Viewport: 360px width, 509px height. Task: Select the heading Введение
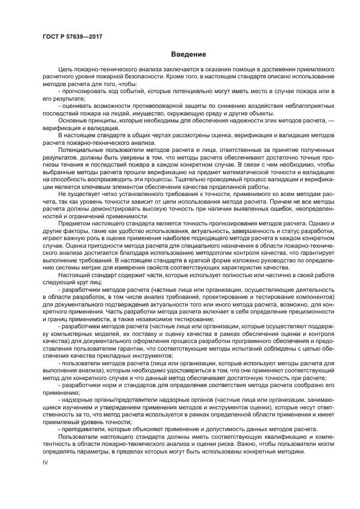[x=188, y=54]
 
